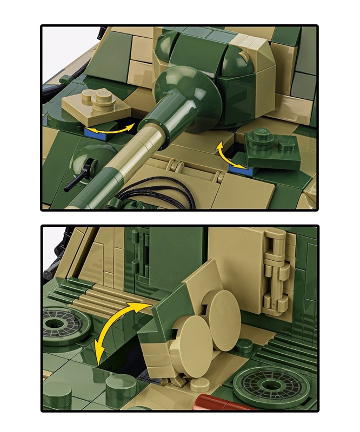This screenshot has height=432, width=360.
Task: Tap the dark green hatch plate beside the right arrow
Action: click(x=272, y=151)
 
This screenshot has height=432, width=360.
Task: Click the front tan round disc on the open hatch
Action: click(x=194, y=334)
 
